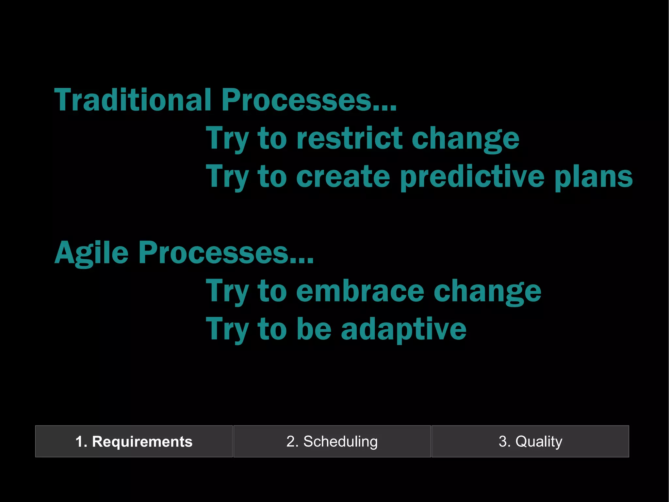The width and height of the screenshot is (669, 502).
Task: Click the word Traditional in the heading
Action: point(133,100)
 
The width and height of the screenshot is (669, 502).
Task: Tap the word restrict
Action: point(349,138)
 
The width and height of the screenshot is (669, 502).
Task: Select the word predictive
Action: point(472,177)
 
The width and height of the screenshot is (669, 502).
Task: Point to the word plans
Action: point(594,177)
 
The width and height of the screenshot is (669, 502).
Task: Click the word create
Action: point(343,177)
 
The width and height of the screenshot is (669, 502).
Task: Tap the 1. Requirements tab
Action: point(134,441)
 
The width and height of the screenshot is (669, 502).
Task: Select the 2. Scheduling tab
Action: point(332,441)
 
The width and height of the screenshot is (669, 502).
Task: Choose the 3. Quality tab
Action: point(530,441)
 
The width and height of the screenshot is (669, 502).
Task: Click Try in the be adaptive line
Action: point(227,330)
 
